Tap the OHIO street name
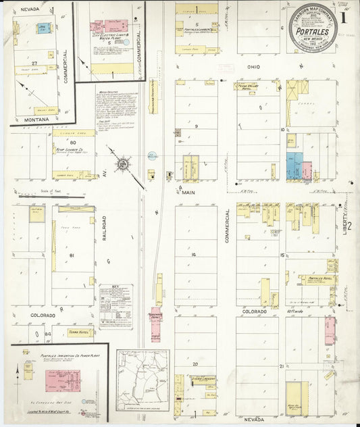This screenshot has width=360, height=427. click(x=253, y=67)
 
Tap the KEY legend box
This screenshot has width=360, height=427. click(x=115, y=306)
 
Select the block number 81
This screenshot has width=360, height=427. click(x=71, y=255)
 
